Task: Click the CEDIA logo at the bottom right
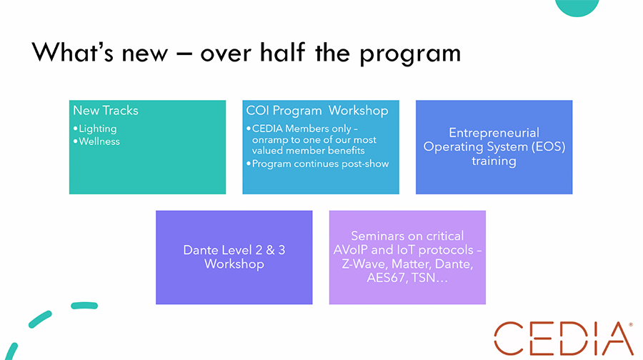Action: click(564, 339)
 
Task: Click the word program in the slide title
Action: click(410, 54)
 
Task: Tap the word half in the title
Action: click(283, 51)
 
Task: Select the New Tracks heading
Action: click(106, 110)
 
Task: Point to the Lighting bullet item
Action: click(98, 129)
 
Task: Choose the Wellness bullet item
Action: click(99, 141)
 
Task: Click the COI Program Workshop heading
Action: click(317, 111)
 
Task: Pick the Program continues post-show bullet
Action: click(320, 164)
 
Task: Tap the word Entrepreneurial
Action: click(494, 132)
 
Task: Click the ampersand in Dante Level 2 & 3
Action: click(270, 250)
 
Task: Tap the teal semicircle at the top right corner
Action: click(577, 7)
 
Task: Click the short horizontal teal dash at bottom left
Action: click(84, 306)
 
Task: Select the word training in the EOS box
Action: click(494, 161)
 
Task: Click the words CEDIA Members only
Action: click(301, 129)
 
